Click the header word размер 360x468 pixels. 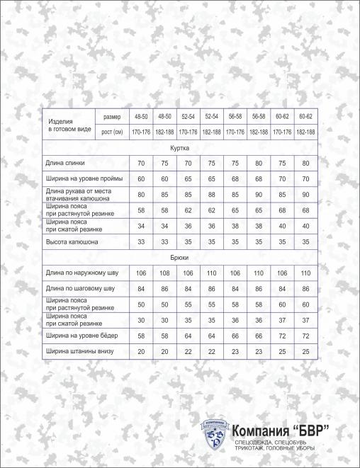point(112,116)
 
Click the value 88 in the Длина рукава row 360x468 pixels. point(210,195)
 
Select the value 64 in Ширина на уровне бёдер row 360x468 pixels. point(188,335)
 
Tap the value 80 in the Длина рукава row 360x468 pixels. point(141,195)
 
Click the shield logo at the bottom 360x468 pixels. point(215,434)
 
